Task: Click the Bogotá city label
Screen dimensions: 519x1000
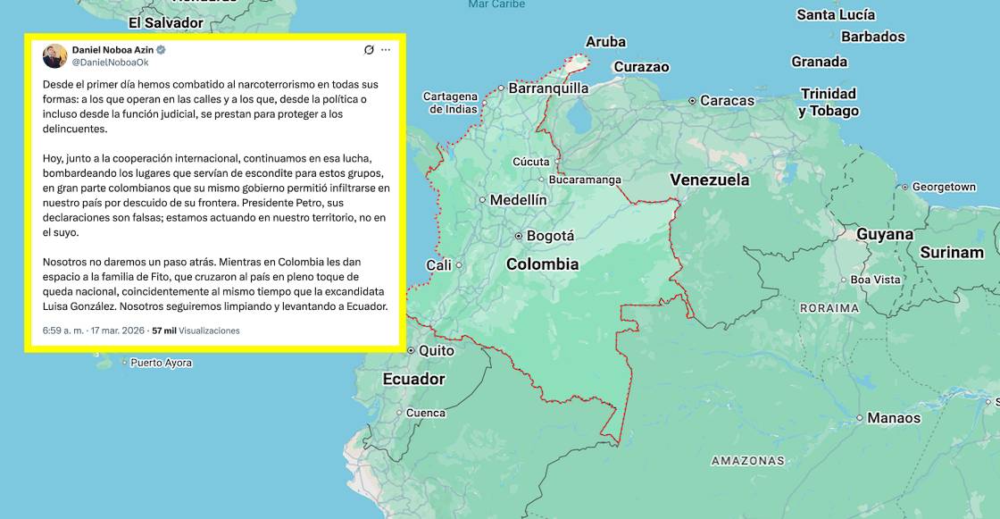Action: click(x=550, y=236)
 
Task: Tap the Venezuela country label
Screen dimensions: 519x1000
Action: click(x=710, y=180)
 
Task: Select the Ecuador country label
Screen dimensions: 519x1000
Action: click(x=413, y=379)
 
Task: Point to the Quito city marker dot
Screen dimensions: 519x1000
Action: click(x=411, y=350)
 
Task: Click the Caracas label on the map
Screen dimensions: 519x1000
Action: click(x=727, y=101)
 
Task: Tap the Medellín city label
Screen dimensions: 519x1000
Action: click(x=518, y=200)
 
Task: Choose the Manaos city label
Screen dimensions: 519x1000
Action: click(x=894, y=417)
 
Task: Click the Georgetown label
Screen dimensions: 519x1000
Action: click(x=944, y=187)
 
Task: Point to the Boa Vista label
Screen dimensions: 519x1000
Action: click(x=875, y=280)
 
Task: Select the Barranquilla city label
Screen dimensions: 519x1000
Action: click(x=548, y=88)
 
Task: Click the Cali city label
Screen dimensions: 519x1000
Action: click(x=438, y=265)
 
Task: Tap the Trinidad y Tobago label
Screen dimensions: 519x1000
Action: click(x=829, y=102)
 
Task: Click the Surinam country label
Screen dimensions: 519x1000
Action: click(x=952, y=252)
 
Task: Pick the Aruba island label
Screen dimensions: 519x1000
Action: click(x=605, y=42)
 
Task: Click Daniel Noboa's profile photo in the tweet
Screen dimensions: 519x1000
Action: click(x=54, y=55)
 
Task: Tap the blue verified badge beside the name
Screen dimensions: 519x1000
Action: click(x=162, y=50)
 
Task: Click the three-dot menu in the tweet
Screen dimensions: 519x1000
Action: click(x=386, y=50)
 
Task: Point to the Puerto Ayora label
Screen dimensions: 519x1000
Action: click(x=161, y=363)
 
